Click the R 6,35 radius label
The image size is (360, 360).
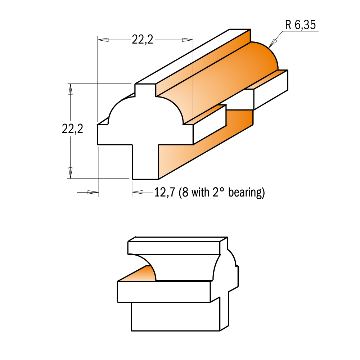tap(300, 25)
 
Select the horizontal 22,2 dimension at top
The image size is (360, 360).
tap(142, 40)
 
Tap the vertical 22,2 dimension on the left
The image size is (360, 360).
tap(72, 129)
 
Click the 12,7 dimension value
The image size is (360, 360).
tap(165, 192)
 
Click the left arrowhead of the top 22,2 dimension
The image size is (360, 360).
tap(103, 40)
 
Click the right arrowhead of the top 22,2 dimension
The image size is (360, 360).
tap(187, 40)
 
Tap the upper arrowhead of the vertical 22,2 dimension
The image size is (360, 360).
tap(71, 89)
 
